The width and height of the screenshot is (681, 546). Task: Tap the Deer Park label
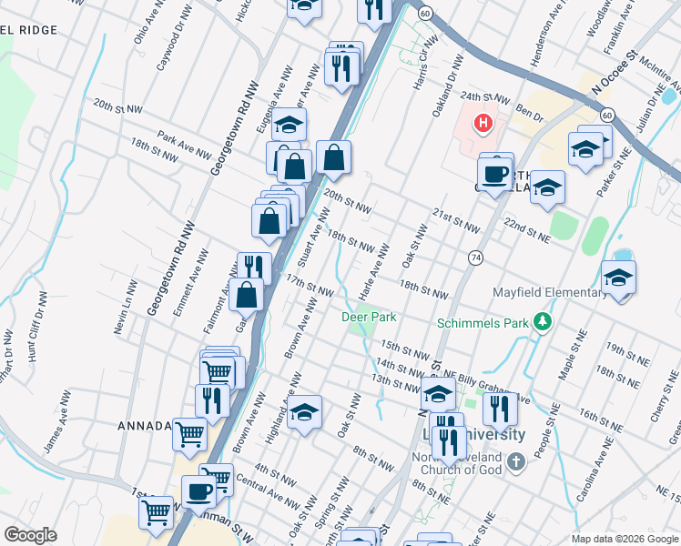tap(369, 318)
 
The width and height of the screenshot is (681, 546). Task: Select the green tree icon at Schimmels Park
tap(544, 321)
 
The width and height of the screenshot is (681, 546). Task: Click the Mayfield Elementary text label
tap(550, 293)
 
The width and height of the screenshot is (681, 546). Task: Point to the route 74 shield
tap(476, 258)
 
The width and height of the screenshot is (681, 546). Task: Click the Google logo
tap(30, 535)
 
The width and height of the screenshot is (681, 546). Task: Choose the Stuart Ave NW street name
tap(320, 232)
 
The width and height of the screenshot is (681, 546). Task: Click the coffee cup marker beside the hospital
tap(495, 173)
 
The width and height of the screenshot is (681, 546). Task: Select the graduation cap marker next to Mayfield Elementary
tap(618, 278)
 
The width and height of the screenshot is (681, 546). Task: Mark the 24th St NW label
tap(481, 96)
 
